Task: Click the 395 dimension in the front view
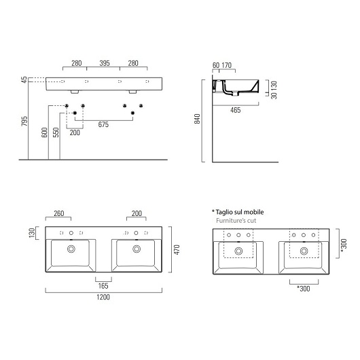tap(104, 63)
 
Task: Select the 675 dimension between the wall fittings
tap(104, 124)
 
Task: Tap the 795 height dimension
tap(24, 122)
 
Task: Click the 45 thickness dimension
tap(24, 80)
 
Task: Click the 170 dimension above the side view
tap(228, 66)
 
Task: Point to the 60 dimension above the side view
tap(215, 66)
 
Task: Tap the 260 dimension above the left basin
tap(58, 213)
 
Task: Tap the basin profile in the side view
tap(238, 86)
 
